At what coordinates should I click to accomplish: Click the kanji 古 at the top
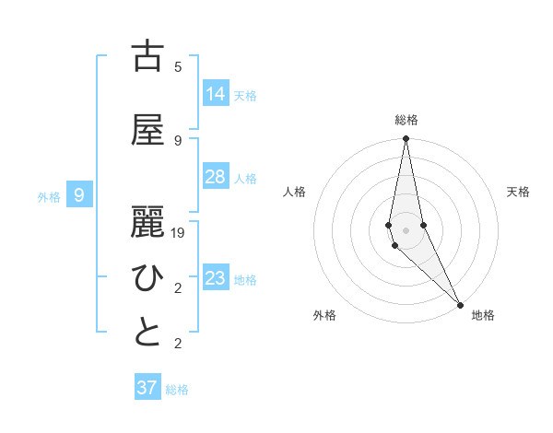147,56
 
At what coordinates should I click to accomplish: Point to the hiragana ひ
147,277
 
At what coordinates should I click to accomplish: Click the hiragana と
147,333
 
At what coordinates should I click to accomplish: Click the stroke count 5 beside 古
178,67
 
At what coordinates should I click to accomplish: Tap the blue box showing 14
216,93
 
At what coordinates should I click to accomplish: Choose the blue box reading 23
216,277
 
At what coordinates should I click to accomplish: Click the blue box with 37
147,388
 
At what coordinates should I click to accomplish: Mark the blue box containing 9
80,194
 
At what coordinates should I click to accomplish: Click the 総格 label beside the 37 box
177,390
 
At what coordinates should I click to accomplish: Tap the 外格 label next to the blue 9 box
49,196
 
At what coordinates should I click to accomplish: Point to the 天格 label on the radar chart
519,192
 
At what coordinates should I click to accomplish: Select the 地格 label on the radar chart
483,315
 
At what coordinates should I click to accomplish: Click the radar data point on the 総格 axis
406,139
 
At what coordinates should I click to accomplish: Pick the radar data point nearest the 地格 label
459,305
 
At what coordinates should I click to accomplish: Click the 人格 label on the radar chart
294,192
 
